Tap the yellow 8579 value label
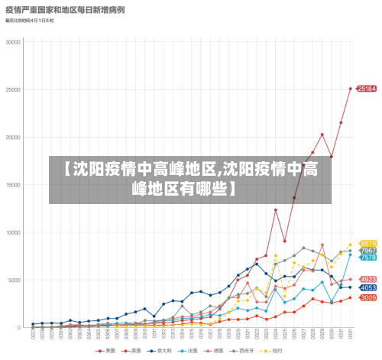(x=367, y=244)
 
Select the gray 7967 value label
(x=367, y=251)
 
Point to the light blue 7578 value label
(x=367, y=258)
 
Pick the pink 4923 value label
(x=367, y=279)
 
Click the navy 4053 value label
(x=367, y=287)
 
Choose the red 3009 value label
(x=367, y=297)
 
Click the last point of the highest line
(x=351, y=89)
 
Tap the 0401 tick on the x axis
(x=351, y=335)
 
